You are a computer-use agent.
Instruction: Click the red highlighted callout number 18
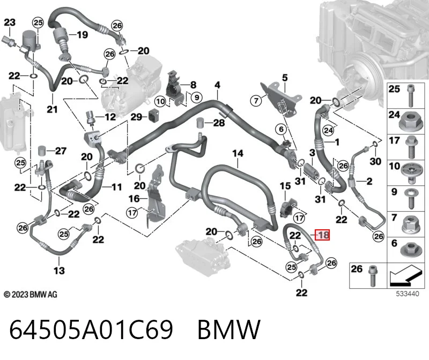click(x=322, y=235)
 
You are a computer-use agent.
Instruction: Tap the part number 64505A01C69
click(x=91, y=329)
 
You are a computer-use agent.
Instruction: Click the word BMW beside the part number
click(x=229, y=329)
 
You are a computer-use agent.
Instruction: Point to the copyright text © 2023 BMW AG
click(x=31, y=295)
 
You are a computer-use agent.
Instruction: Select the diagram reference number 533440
click(x=408, y=294)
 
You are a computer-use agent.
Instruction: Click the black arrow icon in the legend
click(x=405, y=275)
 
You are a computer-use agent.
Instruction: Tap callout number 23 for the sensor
click(x=10, y=22)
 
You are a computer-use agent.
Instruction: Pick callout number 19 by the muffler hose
click(x=82, y=35)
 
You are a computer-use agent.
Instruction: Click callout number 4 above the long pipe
click(x=217, y=85)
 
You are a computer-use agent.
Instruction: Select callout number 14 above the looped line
click(x=238, y=153)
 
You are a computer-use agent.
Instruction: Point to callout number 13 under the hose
click(x=59, y=271)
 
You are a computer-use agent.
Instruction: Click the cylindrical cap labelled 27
click(x=42, y=151)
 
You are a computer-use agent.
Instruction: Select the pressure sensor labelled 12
click(x=91, y=118)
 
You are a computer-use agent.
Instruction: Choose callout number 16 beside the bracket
click(x=134, y=198)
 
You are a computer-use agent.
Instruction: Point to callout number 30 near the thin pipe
click(x=375, y=161)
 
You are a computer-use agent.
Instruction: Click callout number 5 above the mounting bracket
click(x=285, y=78)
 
